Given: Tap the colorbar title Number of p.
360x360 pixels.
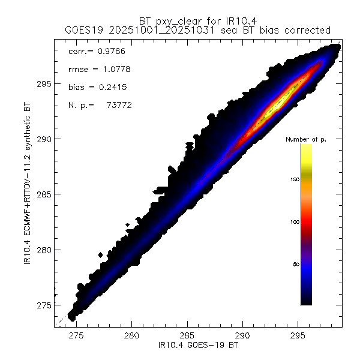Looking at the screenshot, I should click(x=305, y=139).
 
